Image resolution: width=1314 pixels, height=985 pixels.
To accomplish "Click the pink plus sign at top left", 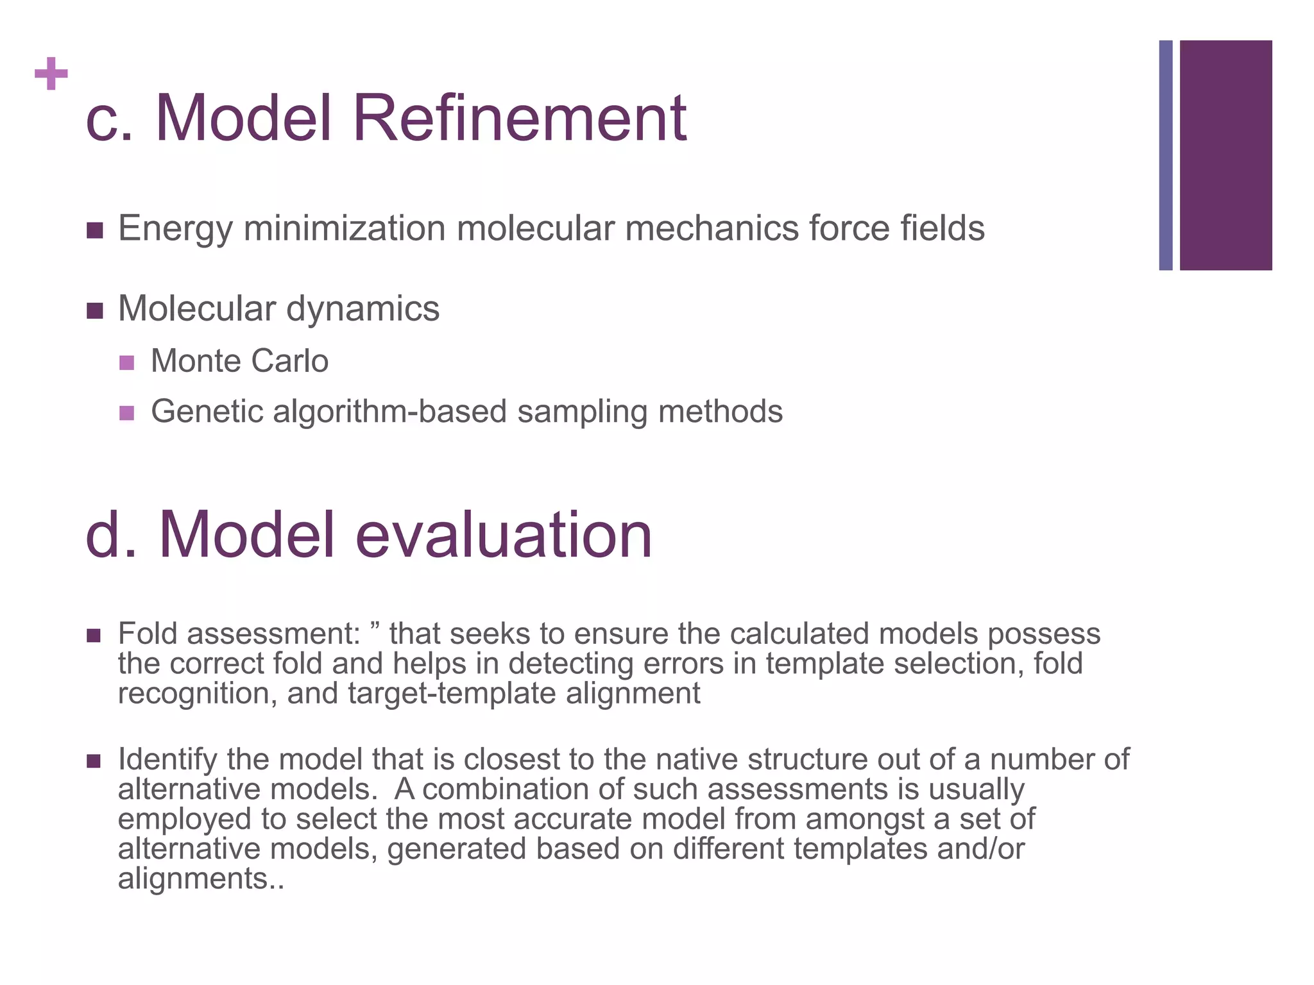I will coord(51,74).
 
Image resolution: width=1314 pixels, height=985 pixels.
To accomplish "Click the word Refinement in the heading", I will coord(520,119).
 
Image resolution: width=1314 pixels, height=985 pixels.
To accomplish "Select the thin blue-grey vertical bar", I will coord(1165,155).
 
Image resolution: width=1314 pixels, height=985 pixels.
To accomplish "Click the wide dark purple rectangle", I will coord(1225,155).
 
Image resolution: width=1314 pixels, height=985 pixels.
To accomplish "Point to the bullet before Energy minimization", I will coord(94,230).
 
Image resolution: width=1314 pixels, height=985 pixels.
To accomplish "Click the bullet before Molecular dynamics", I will coord(94,311).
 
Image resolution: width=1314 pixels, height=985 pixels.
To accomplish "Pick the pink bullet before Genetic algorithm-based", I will coord(127,413).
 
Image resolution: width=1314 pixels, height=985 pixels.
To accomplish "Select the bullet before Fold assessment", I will coord(94,636).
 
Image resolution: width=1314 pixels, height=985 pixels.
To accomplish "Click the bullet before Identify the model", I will coord(94,761).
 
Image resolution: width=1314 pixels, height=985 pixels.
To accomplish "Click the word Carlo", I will coord(290,361).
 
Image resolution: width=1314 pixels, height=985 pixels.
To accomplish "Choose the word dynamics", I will coord(363,309).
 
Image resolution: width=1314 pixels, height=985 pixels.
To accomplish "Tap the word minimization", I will coord(345,228).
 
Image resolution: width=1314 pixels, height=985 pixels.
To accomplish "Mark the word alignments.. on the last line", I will coord(201,879).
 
